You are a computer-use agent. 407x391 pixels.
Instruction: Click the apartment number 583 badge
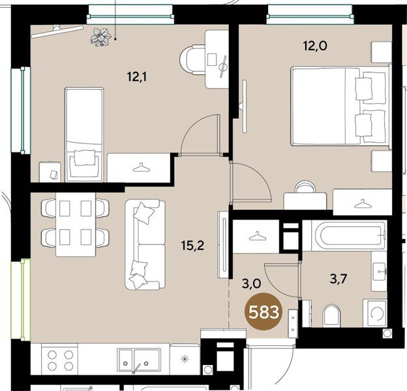click(x=264, y=311)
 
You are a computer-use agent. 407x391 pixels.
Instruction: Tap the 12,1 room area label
click(x=137, y=77)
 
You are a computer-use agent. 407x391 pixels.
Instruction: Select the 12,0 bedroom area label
click(x=315, y=46)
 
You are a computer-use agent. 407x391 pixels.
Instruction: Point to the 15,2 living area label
click(x=193, y=245)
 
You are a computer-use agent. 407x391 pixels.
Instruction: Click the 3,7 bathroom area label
click(x=339, y=280)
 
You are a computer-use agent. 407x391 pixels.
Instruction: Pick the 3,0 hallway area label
click(x=251, y=284)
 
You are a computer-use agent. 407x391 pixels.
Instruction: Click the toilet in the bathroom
click(x=331, y=315)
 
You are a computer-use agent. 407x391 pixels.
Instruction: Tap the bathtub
click(x=344, y=235)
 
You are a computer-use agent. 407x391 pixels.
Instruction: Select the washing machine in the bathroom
click(x=375, y=313)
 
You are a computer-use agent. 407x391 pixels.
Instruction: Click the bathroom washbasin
click(x=379, y=271)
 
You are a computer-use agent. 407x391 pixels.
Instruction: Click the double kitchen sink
click(x=139, y=359)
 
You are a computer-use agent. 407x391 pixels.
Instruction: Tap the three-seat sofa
click(x=145, y=244)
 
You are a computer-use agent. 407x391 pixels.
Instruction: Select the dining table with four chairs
click(x=75, y=225)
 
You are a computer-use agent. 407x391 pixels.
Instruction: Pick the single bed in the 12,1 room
click(x=84, y=134)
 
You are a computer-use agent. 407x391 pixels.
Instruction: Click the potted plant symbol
click(x=101, y=37)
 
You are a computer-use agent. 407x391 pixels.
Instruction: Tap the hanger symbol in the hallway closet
click(x=256, y=236)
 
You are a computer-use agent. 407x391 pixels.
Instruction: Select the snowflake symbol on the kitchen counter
click(x=185, y=359)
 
